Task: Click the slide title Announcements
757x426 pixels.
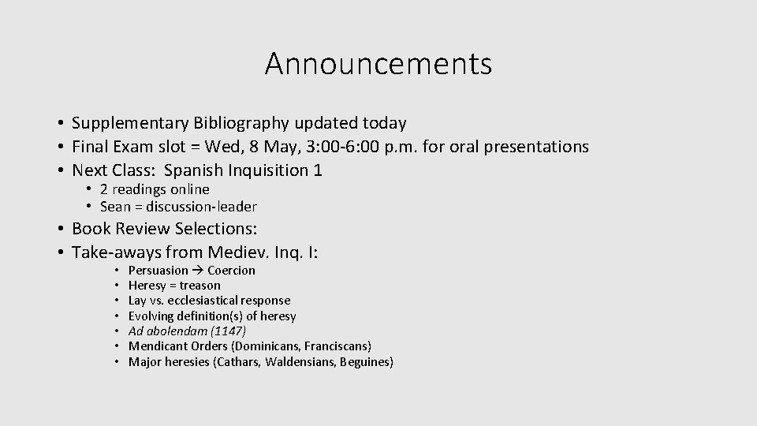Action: pyautogui.click(x=378, y=64)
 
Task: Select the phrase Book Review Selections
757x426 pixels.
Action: pyautogui.click(x=165, y=229)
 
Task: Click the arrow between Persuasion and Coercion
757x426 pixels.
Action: pyautogui.click(x=198, y=271)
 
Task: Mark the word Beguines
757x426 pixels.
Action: pyautogui.click(x=364, y=362)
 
